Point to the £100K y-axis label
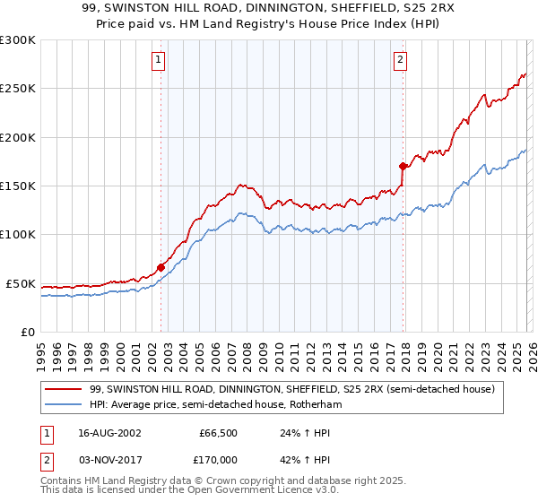18,235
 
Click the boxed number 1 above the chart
158,60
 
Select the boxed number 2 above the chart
399,60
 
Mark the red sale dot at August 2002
161,267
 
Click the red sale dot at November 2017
403,166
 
